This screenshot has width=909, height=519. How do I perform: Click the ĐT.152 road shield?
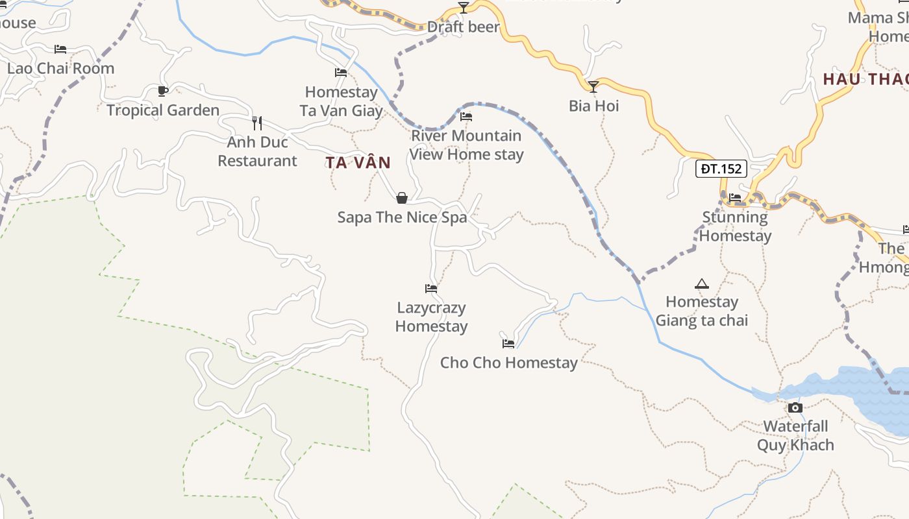point(721,169)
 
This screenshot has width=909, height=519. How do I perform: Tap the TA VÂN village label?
point(358,163)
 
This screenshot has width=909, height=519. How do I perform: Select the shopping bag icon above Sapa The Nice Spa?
point(402,198)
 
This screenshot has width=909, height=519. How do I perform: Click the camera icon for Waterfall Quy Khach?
point(795,407)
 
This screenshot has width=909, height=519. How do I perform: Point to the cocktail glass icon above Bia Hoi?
point(593,86)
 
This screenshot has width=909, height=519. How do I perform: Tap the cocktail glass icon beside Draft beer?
point(463,8)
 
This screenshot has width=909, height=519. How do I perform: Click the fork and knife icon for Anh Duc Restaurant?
point(257,122)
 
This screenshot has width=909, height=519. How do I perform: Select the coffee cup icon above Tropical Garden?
point(162,91)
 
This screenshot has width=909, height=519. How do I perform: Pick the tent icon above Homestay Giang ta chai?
point(701,284)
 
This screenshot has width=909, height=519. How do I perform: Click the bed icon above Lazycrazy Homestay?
point(431,288)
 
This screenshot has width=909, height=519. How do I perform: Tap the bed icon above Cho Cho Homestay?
point(508,343)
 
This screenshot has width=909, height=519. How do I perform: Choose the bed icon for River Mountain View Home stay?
point(466,117)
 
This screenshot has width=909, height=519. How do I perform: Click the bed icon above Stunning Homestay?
point(735,197)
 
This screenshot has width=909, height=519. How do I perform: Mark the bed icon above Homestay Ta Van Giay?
point(340,73)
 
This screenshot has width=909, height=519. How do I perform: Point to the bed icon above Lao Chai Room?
point(60,49)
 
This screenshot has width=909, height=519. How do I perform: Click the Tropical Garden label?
point(163,110)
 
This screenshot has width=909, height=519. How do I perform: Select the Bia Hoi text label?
point(593,106)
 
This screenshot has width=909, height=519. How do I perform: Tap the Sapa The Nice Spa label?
point(402,217)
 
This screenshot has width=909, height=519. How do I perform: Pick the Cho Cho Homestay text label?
point(508,363)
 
